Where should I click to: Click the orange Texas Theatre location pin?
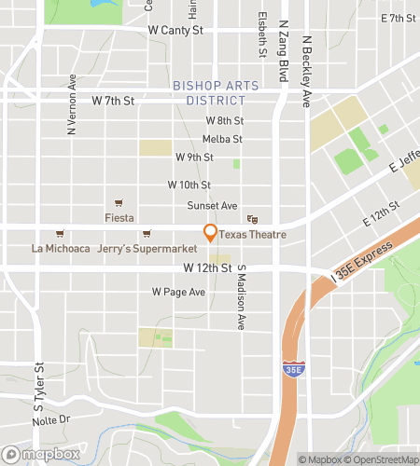point(211,233)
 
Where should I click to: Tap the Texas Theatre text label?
point(252,235)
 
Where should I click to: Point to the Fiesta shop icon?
point(119,204)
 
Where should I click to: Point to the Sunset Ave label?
point(213,205)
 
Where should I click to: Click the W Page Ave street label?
point(178,292)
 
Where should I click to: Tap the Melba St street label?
point(222,139)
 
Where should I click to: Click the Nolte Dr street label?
point(51,420)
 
